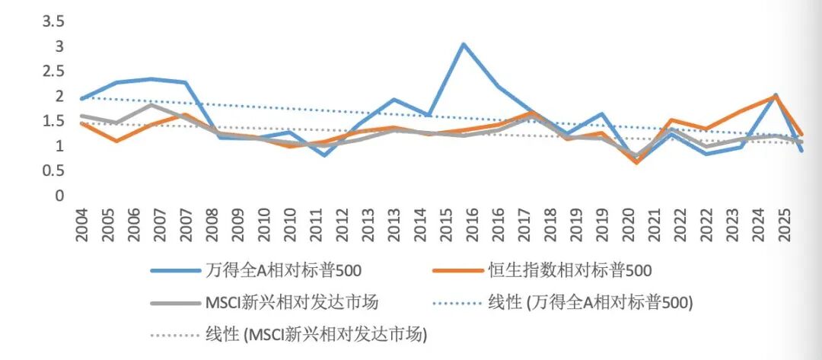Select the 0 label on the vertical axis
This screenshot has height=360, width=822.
59,196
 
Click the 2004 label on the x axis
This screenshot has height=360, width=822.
82,225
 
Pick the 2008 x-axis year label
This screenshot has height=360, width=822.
213,225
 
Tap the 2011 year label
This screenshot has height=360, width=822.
317,225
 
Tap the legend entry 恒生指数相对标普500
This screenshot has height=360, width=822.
542,270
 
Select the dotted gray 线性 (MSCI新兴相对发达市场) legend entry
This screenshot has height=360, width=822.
289,335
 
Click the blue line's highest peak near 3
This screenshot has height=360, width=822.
464,44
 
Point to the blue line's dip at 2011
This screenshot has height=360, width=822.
324,155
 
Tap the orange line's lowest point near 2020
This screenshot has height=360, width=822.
636,162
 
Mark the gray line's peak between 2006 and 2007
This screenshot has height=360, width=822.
151,105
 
